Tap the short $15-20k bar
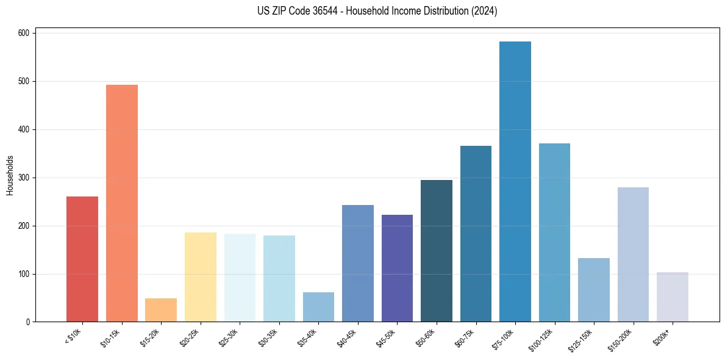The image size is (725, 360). coord(161,310)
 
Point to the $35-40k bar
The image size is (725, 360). coord(318,307)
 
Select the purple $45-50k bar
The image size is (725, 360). coord(397,268)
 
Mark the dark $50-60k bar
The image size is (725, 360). coord(437,251)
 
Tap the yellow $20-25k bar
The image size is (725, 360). coord(201,277)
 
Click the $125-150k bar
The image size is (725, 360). coord(594,290)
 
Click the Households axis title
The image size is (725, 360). coord(10,175)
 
